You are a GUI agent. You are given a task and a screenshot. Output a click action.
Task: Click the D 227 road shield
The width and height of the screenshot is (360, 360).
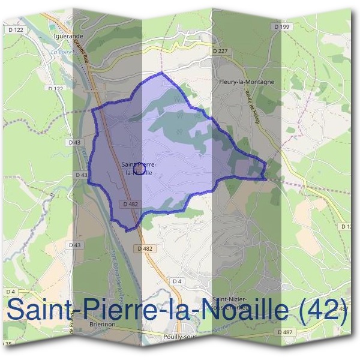click(x=220, y=51)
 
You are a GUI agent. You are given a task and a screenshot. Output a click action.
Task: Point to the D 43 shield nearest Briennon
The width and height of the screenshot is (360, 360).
click(x=75, y=245)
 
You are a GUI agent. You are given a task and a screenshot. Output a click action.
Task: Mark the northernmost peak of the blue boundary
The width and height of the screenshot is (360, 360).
click(x=161, y=72)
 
